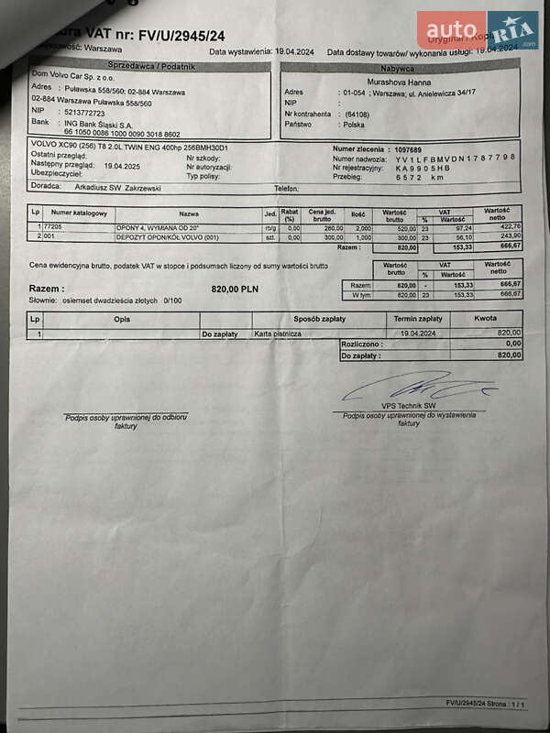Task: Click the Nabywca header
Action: point(398,68)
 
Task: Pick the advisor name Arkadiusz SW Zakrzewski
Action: point(118,186)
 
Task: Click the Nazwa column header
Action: point(189,213)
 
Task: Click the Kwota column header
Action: point(484,319)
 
